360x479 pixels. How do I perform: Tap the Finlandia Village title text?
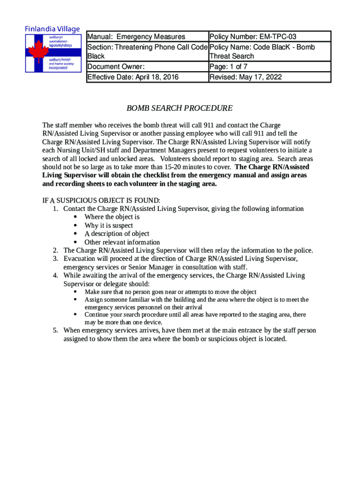point(52,29)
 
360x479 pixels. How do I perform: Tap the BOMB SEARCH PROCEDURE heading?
point(180,109)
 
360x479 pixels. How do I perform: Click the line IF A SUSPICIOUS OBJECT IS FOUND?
point(101,201)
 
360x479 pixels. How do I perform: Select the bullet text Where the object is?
point(112,217)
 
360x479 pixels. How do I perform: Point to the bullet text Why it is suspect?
point(108,225)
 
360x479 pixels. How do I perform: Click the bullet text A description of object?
point(117,234)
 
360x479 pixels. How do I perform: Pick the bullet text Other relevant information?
point(122,242)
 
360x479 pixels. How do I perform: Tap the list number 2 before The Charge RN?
point(55,250)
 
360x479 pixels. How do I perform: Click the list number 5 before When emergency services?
point(55,330)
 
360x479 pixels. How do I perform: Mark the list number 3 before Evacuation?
point(55,259)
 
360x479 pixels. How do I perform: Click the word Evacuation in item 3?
point(80,259)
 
